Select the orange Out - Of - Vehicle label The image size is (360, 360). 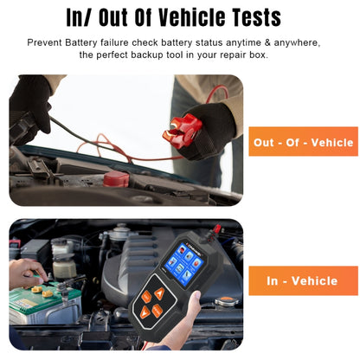(303, 142)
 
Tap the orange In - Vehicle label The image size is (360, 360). (303, 280)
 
